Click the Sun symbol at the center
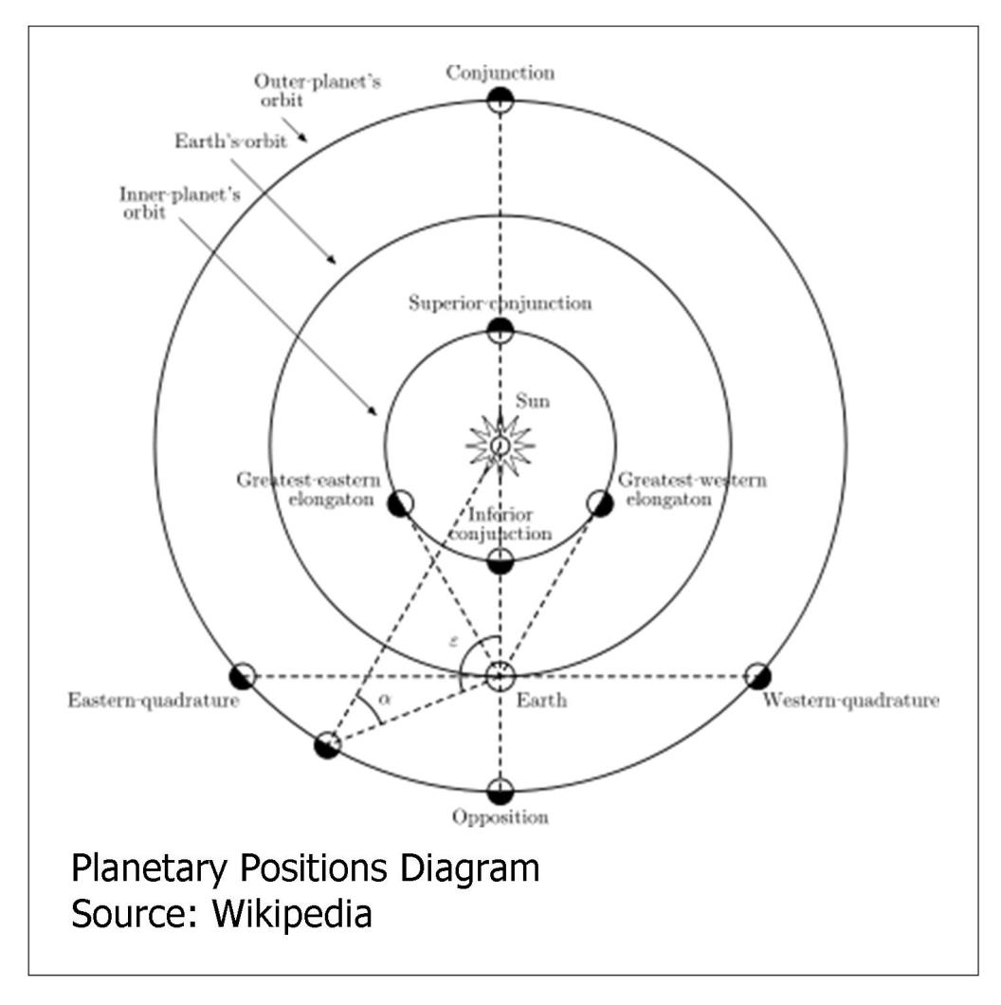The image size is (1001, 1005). tap(500, 444)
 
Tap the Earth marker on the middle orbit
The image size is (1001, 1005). tap(500, 676)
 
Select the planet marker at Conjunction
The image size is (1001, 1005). tap(500, 99)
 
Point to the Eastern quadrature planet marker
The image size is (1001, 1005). tap(243, 676)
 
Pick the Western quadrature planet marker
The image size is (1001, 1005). tap(757, 676)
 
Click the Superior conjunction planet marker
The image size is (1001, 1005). tap(500, 329)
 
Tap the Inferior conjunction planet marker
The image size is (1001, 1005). tap(500, 560)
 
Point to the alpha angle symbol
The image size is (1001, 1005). tap(383, 699)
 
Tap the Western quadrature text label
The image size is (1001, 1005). tap(850, 702)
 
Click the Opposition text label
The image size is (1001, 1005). tap(500, 817)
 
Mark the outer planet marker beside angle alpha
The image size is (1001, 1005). tap(327, 744)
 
